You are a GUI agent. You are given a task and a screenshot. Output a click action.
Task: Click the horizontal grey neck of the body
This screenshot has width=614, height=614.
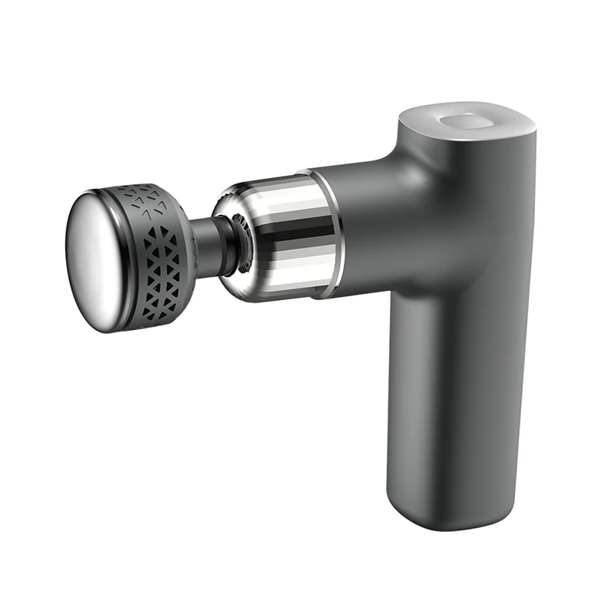(368, 223)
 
